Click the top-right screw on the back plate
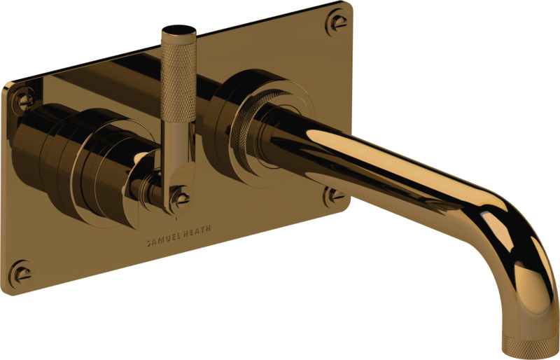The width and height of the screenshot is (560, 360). pos(337,22)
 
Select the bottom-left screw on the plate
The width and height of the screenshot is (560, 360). pos(21,274)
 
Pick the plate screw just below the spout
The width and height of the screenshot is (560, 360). pos(335,196)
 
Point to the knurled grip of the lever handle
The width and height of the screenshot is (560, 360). pos(178,81)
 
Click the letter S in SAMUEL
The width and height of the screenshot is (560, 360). pos(149,243)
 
